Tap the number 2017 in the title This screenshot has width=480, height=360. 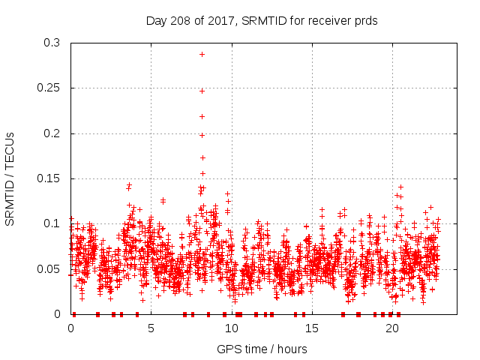pyautogui.click(x=224, y=20)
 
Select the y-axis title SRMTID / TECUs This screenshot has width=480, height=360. pyautogui.click(x=10, y=178)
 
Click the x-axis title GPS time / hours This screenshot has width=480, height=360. pyautogui.click(x=262, y=349)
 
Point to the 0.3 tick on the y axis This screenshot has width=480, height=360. pyautogui.click(x=52, y=43)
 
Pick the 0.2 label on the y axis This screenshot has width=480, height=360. pyautogui.click(x=52, y=133)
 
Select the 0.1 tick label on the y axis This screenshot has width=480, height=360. pyautogui.click(x=52, y=223)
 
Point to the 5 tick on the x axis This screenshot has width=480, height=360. pyautogui.click(x=151, y=328)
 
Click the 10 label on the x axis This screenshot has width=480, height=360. pyautogui.click(x=231, y=328)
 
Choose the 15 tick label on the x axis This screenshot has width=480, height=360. pyautogui.click(x=311, y=328)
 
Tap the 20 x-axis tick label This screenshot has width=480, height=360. pyautogui.click(x=391, y=328)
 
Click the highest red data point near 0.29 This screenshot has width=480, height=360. pyautogui.click(x=202, y=54)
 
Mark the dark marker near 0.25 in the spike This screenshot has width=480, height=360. pyautogui.click(x=202, y=91)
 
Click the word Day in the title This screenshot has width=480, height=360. pyautogui.click(x=156, y=20)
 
